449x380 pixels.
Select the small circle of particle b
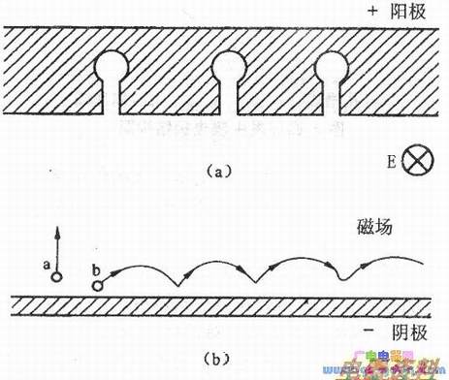pyautogui.click(x=97, y=284)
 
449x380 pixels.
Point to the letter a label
pyautogui.click(x=47, y=262)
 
